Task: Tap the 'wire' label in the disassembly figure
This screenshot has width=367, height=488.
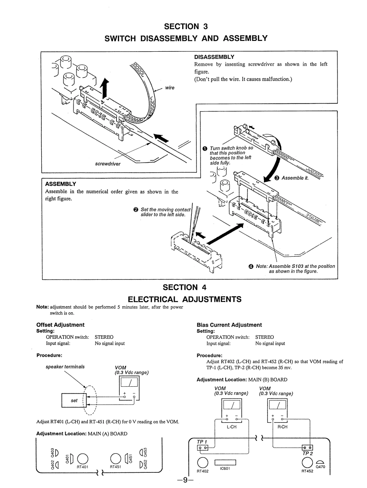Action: (170, 87)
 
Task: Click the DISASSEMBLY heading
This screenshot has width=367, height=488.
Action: (214, 57)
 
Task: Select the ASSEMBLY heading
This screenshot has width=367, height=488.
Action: (60, 184)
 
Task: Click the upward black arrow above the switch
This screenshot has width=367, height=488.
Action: (103, 90)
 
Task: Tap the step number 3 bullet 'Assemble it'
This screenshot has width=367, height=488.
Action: (277, 178)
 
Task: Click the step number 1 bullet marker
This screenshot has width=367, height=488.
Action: (204, 148)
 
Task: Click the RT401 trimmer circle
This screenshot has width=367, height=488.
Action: (83, 458)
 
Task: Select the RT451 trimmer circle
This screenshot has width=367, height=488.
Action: (115, 458)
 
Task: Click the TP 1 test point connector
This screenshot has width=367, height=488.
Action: (203, 448)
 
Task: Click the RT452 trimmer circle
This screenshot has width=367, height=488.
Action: (307, 462)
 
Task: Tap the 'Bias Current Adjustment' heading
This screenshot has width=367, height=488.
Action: (229, 325)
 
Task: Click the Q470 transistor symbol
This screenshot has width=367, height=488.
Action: (320, 462)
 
